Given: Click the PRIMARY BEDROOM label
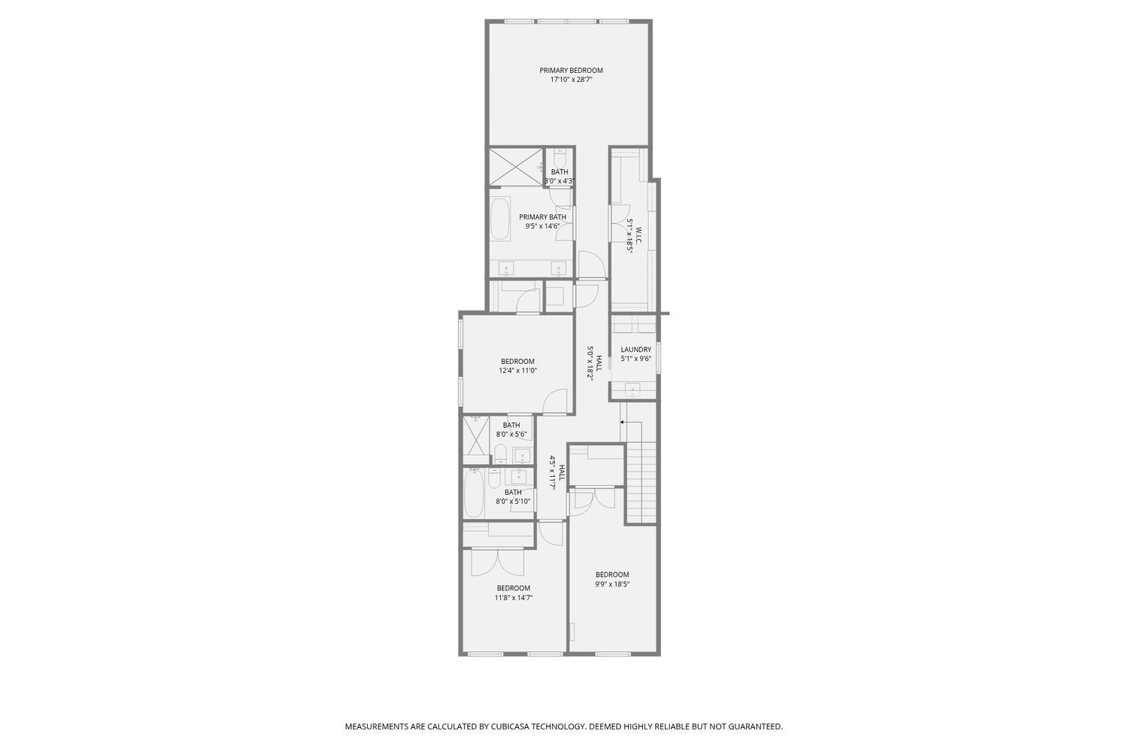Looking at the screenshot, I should coord(571,71).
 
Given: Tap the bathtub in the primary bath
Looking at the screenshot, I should coord(499,219).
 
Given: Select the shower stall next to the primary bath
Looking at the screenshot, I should coord(516,167).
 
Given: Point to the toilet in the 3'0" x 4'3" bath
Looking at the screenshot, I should coord(559,160).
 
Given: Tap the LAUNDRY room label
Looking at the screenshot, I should coord(635,350).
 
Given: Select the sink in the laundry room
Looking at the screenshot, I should coord(632,390).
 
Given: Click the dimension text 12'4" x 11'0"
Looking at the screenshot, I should coord(517,370).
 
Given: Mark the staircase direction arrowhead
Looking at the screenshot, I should coord(622,422).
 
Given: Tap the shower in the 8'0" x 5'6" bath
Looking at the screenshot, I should coord(475,435).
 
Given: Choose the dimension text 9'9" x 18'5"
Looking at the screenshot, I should coord(611,584).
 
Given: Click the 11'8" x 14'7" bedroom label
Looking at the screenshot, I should coord(513,588).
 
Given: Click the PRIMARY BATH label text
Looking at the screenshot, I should coord(542,217).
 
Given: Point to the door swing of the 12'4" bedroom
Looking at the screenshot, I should coord(554,402).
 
